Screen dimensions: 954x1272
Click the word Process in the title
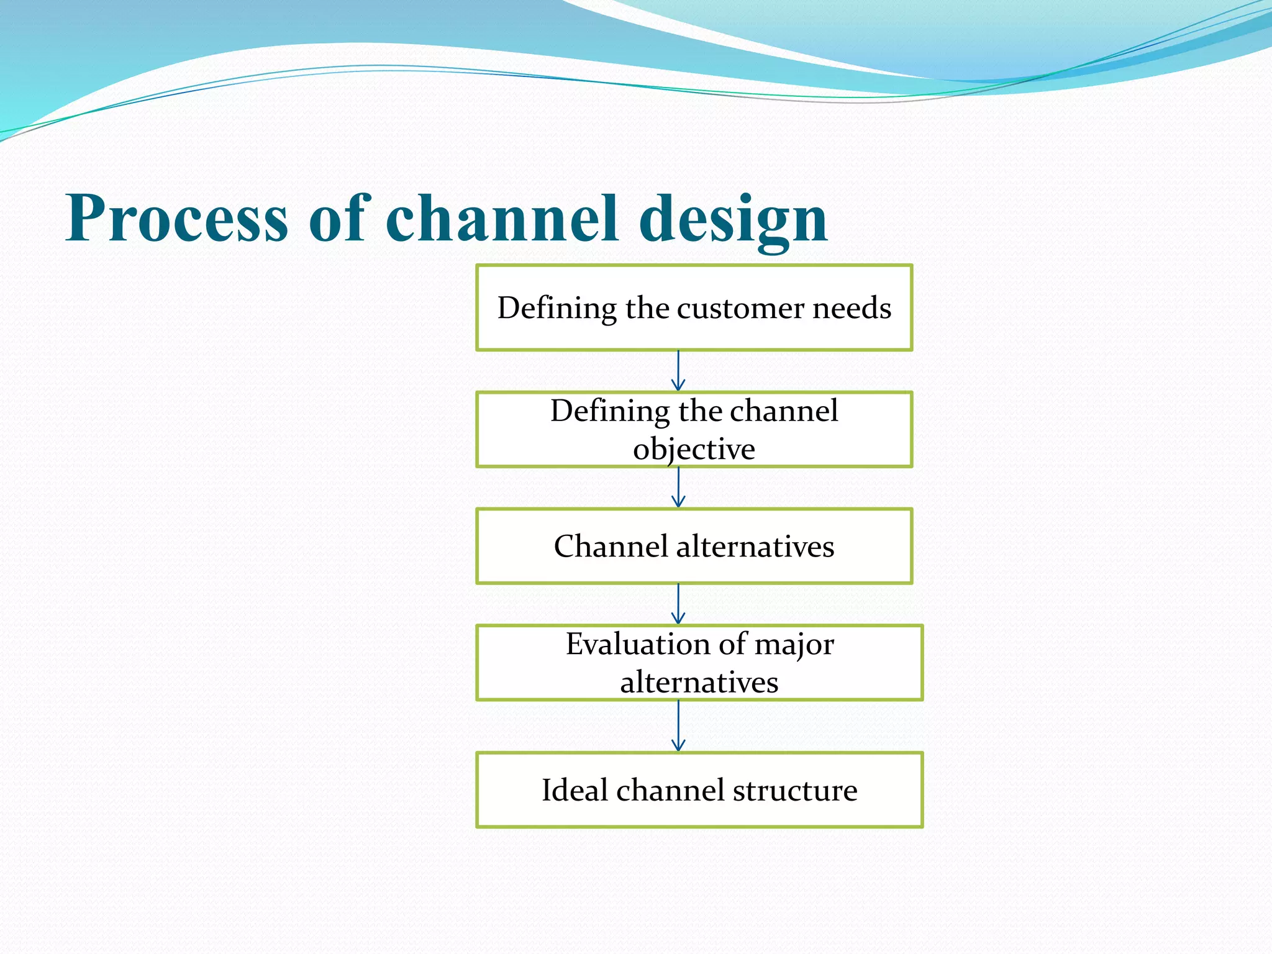tap(177, 218)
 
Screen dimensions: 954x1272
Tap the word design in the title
tap(734, 218)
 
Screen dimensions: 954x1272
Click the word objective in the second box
tap(694, 449)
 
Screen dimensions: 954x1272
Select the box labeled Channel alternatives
tap(694, 546)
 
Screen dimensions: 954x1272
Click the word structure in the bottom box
tap(795, 790)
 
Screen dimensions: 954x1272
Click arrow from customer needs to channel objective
tap(678, 371)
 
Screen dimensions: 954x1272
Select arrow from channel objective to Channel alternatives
tap(678, 488)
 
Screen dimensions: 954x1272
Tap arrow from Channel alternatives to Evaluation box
tap(678, 604)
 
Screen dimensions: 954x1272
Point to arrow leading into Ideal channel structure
tap(678, 726)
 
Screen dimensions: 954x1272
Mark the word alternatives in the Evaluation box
tap(699, 683)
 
